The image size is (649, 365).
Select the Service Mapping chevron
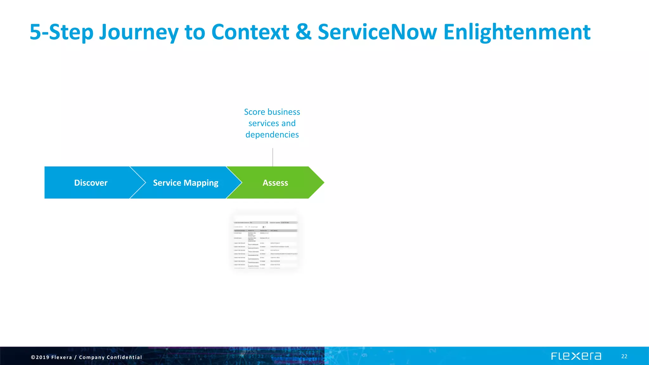tap(185, 182)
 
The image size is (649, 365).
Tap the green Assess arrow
tap(275, 182)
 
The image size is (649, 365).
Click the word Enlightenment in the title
tap(517, 32)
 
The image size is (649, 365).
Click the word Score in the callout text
tap(254, 112)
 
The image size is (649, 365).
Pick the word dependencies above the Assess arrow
tap(272, 135)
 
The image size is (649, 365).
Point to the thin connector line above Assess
tap(273, 157)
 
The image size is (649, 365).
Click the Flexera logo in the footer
tap(576, 356)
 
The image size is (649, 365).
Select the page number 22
tap(624, 356)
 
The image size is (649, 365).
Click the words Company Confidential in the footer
tap(110, 357)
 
